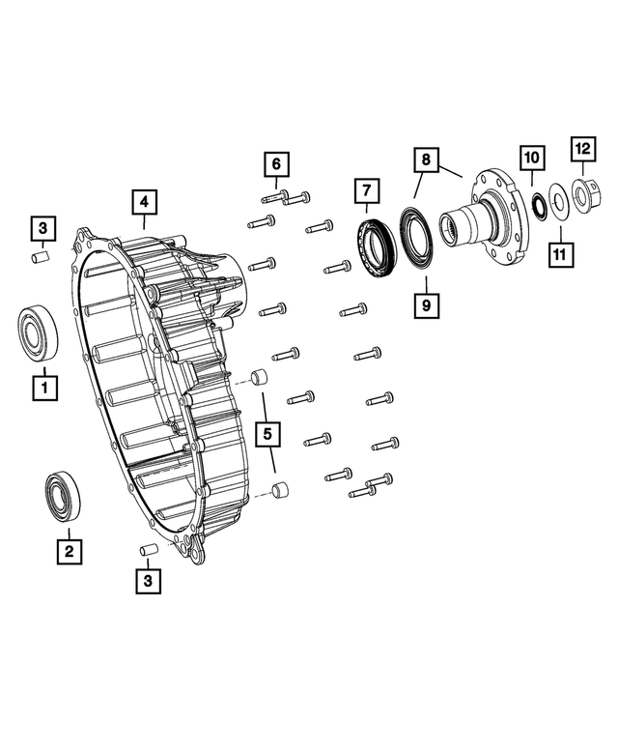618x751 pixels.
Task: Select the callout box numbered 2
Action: tap(68, 551)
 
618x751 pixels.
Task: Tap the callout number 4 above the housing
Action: tap(142, 202)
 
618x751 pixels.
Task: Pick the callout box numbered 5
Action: tap(266, 435)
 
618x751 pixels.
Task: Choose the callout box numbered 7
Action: tap(366, 192)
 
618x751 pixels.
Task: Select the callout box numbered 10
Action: tap(532, 157)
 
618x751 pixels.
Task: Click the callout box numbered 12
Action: tap(582, 149)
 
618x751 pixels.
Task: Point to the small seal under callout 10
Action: tap(539, 204)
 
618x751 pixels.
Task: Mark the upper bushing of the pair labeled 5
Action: tap(260, 378)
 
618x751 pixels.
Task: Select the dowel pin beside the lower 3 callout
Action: tap(149, 549)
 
